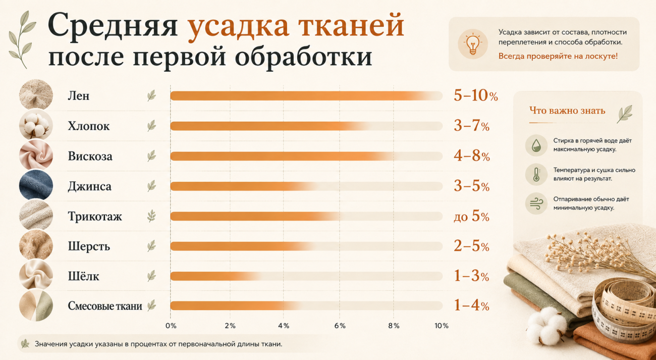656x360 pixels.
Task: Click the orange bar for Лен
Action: click(306, 96)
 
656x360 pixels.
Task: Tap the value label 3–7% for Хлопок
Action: click(471, 126)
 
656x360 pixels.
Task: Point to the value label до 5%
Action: click(471, 217)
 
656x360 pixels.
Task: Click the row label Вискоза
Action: click(90, 156)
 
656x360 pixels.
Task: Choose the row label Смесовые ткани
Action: click(105, 306)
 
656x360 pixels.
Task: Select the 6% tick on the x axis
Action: click(340, 326)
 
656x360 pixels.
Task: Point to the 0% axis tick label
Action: click(171, 326)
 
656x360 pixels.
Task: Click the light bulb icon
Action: click(473, 44)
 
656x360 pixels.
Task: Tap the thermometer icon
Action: click(536, 174)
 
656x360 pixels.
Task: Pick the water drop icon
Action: click(536, 145)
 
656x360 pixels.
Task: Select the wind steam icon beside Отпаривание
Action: click(536, 203)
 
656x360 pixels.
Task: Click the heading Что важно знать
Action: click(567, 111)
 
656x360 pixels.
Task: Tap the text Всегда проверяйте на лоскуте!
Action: click(558, 56)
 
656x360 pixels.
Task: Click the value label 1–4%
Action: click(471, 305)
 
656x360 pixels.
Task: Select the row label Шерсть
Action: click(89, 246)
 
